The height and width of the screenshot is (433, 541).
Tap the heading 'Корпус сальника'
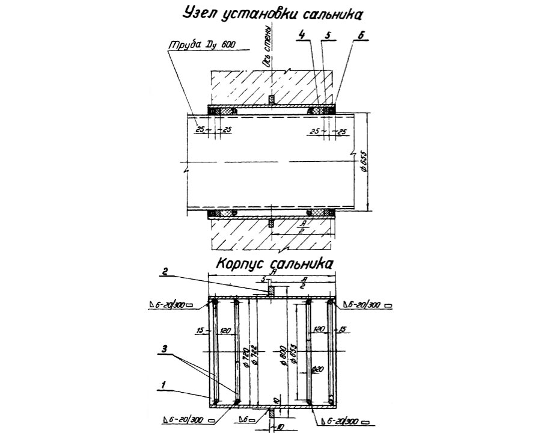coord(274,263)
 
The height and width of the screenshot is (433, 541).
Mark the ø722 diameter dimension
coord(255,358)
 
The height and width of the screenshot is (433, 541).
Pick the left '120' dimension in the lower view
coord(225,331)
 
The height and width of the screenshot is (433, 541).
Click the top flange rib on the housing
coord(272,290)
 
